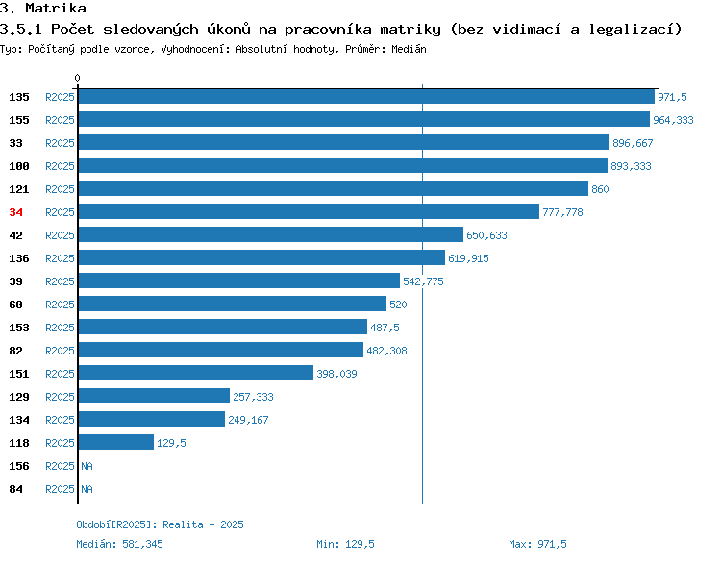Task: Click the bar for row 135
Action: click(366, 96)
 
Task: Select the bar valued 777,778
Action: click(309, 211)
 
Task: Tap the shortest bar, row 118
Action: click(116, 442)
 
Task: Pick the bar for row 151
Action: click(196, 373)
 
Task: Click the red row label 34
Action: click(15, 212)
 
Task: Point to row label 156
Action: click(19, 466)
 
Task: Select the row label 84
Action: click(15, 489)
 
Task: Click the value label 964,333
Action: click(673, 120)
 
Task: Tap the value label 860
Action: click(600, 189)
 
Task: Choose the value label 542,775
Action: click(423, 281)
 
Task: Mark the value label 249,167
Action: click(248, 420)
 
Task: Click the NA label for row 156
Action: click(87, 466)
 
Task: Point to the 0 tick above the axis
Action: click(77, 78)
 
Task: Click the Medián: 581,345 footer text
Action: click(119, 544)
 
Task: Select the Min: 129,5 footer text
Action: click(345, 544)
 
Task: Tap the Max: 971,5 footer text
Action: click(537, 544)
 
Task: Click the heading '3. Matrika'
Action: click(43, 8)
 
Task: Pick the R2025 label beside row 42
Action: click(60, 235)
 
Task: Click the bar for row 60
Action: click(233, 304)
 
